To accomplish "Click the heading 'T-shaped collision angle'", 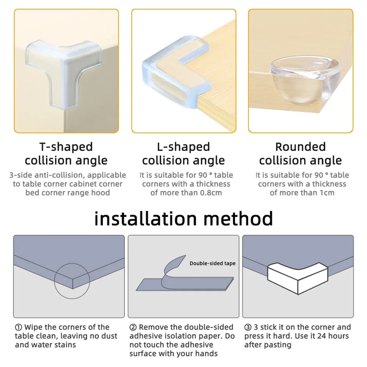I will (x=66, y=154).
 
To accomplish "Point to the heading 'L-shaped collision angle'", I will (x=183, y=154).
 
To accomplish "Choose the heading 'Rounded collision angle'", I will (x=300, y=154).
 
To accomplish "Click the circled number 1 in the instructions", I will (x=18, y=328).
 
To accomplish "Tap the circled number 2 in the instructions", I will (x=133, y=328).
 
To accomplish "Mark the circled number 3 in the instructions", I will (x=247, y=328).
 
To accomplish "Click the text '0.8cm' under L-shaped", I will (x=209, y=193).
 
